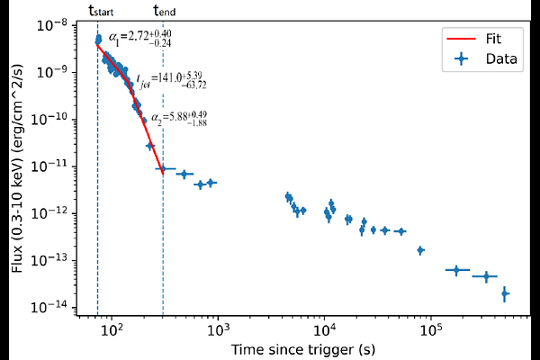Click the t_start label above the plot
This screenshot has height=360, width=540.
(102, 11)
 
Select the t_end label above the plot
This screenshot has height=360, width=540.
(165, 11)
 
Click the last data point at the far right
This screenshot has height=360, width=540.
(505, 292)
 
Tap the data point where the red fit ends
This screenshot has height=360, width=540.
(163, 169)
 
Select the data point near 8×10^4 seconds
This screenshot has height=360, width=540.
(419, 250)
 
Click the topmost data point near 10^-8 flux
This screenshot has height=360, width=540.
(99, 38)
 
